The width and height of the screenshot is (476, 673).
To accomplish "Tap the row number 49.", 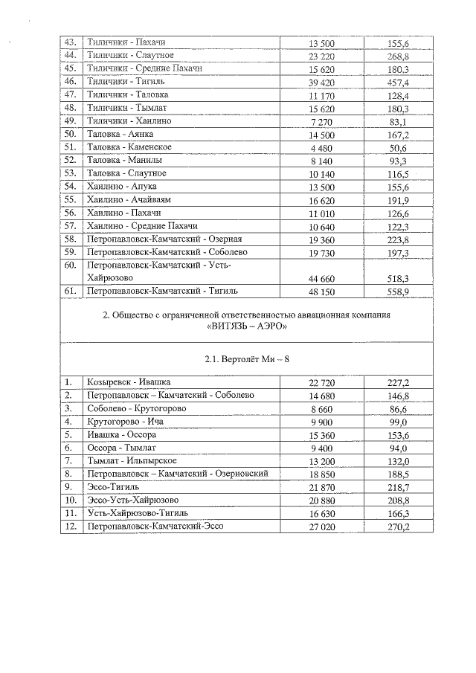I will pyautogui.click(x=71, y=120).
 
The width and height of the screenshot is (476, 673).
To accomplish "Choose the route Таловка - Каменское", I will pyautogui.click(x=124, y=146).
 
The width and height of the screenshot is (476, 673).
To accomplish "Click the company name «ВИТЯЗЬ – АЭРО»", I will pyautogui.click(x=245, y=326).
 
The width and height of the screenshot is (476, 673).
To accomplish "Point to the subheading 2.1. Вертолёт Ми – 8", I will pyautogui.click(x=245, y=360).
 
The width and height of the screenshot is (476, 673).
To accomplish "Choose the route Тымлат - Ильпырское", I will pyautogui.click(x=129, y=460).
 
